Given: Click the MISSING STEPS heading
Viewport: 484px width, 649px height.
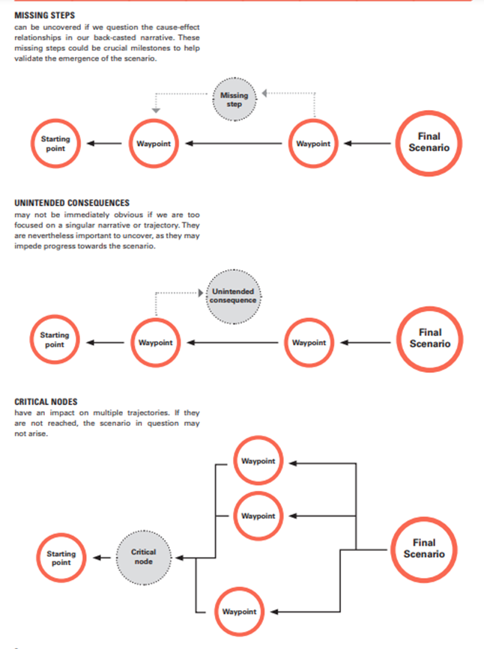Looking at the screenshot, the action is pos(45,15).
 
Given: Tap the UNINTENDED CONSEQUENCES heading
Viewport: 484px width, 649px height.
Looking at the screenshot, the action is pos(72,203).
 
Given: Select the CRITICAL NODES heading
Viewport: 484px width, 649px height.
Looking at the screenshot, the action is pos(46,402).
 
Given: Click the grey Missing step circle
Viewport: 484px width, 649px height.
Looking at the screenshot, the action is pos(234,100).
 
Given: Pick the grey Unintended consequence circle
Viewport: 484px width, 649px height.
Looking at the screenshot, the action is pos(233,296).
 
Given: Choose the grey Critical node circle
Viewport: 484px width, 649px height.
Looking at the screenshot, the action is pos(144,557).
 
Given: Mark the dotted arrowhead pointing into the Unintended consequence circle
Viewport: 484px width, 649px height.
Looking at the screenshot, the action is pos(201,293).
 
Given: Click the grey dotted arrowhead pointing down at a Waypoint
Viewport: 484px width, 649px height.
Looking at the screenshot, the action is pos(156,111).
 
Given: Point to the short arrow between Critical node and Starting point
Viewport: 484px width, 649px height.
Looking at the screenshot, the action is pos(102,558).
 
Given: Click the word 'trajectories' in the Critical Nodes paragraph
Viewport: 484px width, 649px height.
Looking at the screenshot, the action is pos(148,412).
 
